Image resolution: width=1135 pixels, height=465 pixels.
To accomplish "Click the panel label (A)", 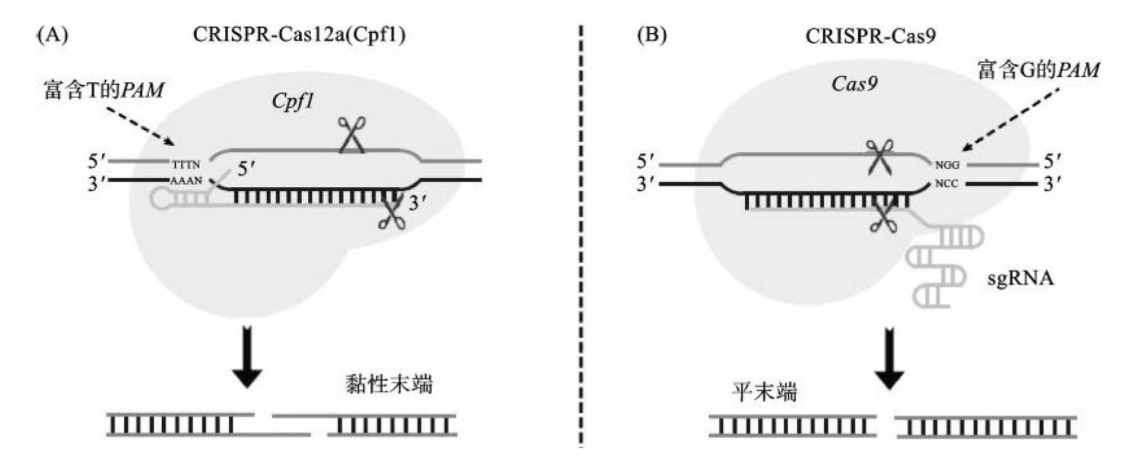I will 51,35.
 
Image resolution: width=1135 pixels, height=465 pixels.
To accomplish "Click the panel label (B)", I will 651,35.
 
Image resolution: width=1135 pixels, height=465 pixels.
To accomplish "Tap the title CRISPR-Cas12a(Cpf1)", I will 299,35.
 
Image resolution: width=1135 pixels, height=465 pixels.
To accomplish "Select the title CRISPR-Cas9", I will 870,35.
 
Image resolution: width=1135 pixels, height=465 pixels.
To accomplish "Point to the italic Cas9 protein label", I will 854,84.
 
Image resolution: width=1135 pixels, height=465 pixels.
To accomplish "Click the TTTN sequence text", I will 186,165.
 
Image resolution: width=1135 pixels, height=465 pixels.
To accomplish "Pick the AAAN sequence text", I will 186,181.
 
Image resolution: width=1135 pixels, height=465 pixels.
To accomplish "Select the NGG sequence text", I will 947,165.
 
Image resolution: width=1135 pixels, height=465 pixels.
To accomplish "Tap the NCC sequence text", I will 947,183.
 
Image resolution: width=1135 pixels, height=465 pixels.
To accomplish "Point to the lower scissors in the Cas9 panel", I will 882,217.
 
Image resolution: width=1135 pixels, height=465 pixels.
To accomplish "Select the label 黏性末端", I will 388,385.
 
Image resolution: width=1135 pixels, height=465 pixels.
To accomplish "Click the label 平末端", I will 764,392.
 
